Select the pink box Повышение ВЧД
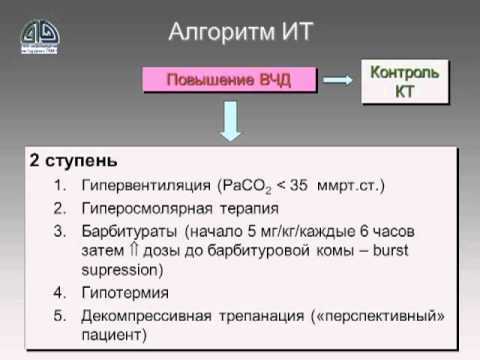[x=229, y=79]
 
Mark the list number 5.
[x=59, y=316]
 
